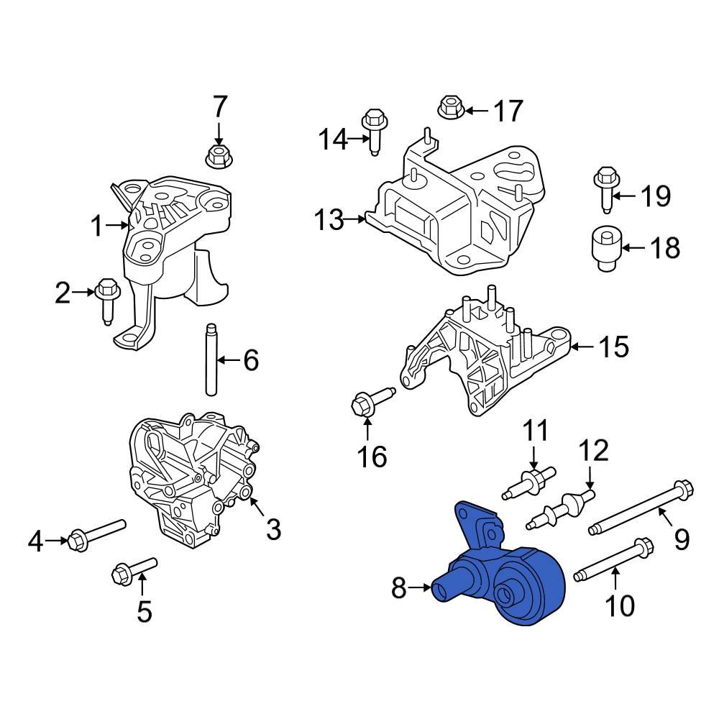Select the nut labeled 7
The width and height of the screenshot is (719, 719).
pos(217,155)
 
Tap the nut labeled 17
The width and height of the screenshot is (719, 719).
pos(449,109)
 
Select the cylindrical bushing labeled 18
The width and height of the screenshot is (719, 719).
pos(604,249)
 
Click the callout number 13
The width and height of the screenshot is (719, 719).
pos(329,220)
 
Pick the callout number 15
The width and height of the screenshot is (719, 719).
pos(613,347)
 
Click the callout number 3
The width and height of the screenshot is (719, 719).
pos(273,530)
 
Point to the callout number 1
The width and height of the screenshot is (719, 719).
pos(96,226)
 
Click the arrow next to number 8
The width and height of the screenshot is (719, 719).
pos(418,590)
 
